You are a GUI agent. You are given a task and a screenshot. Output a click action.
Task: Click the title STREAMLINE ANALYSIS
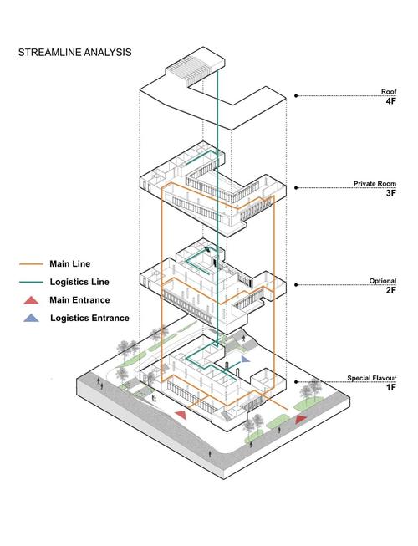[75, 52]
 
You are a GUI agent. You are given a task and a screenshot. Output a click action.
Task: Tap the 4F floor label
[390, 101]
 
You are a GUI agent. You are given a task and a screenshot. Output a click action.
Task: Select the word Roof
[389, 92]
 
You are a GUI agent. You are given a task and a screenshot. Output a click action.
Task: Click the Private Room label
[375, 183]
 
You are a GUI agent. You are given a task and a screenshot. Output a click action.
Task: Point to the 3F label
[391, 193]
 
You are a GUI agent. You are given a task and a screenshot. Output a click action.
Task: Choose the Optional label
[383, 281]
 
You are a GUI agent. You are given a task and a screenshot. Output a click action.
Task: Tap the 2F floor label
[391, 290]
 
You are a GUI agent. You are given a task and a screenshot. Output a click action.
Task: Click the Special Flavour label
[372, 378]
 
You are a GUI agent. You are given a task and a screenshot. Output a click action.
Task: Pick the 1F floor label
[391, 387]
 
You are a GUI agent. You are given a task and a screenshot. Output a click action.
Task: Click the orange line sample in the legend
[31, 264]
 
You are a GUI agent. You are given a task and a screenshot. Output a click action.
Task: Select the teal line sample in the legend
[31, 283]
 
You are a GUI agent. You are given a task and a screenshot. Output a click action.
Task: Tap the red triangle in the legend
[31, 300]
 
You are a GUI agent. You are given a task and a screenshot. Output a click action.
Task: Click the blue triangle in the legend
[31, 318]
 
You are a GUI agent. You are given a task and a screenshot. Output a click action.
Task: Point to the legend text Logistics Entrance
[89, 318]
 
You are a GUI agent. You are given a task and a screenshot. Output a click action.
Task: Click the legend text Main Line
[69, 264]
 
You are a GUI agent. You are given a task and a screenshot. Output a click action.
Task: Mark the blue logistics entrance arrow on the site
[246, 359]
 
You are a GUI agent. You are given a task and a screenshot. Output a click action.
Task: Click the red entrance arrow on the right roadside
[301, 419]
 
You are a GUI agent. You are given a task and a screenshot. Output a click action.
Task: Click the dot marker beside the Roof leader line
[296, 96]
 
